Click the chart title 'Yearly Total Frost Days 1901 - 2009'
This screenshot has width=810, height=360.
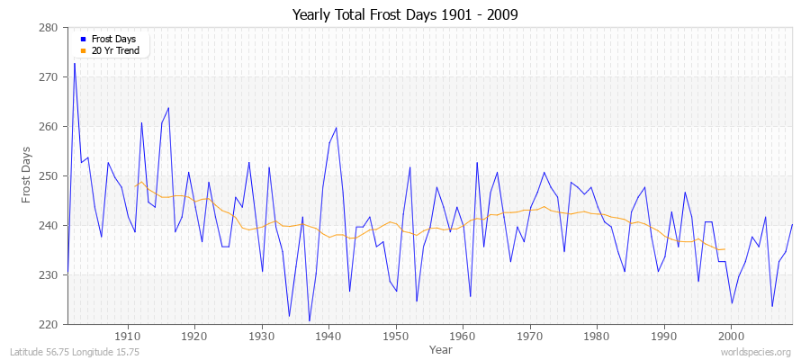pyautogui.click(x=405, y=15)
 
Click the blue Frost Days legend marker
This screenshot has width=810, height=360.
pyautogui.click(x=84, y=38)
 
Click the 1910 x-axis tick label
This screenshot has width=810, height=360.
pyautogui.click(x=128, y=337)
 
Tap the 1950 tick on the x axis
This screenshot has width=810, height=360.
pyautogui.click(x=396, y=337)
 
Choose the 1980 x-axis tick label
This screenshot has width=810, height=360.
pyautogui.click(x=597, y=337)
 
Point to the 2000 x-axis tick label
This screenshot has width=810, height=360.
pyautogui.click(x=731, y=337)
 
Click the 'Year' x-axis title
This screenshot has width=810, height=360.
pyautogui.click(x=441, y=348)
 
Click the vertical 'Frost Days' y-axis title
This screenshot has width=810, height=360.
pyautogui.click(x=26, y=175)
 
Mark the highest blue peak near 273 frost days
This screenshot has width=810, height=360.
pyautogui.click(x=75, y=63)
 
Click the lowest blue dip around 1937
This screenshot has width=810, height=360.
pyautogui.click(x=309, y=320)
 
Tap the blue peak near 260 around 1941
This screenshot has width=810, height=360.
pyautogui.click(x=336, y=128)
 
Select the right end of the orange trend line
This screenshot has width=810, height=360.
pyautogui.click(x=724, y=249)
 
